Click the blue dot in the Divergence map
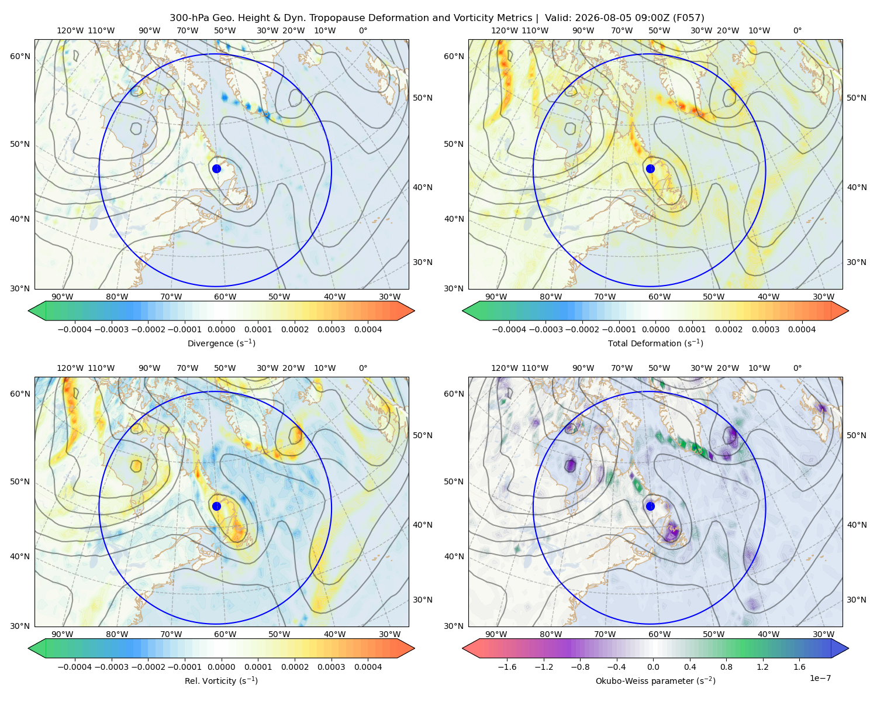[216, 168]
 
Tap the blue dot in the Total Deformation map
[650, 168]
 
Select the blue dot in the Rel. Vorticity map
[216, 506]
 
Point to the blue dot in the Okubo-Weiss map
[650, 506]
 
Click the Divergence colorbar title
[221, 343]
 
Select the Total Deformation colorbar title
[655, 343]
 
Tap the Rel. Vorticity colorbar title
[221, 680]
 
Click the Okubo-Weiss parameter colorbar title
[655, 680]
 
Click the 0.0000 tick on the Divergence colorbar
[221, 329]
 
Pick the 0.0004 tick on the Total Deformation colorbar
[802, 329]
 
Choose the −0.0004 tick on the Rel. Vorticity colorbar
[75, 666]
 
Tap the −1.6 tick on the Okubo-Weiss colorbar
[507, 666]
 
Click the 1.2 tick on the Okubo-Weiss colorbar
[762, 666]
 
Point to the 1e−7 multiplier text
[820, 678]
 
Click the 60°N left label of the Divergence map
[20, 56]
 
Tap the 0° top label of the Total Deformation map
[797, 30]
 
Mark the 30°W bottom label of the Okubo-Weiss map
[823, 634]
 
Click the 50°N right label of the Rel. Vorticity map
[423, 435]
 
